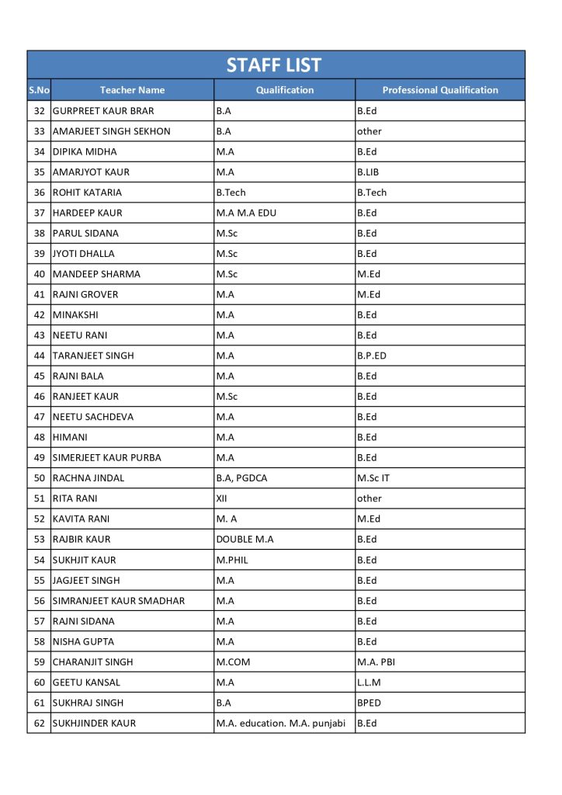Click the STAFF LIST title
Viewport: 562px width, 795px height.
[x=274, y=65]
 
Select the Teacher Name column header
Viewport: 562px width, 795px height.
[x=132, y=90]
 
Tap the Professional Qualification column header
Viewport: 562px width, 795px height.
[x=440, y=90]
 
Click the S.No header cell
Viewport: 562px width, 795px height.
[x=39, y=90]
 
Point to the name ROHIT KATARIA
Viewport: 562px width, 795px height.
[x=87, y=193]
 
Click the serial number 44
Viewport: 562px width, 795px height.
[x=40, y=356]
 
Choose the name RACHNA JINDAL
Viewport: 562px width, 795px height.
[x=88, y=478]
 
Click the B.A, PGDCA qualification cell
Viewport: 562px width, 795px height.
[x=241, y=478]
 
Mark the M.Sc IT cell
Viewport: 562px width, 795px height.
[x=373, y=478]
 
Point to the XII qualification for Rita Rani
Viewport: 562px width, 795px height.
[x=221, y=498]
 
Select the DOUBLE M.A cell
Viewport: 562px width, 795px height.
[x=245, y=540]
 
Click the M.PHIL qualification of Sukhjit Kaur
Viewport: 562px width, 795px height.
[x=232, y=560]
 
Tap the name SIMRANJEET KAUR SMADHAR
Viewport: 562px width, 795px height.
[x=119, y=601]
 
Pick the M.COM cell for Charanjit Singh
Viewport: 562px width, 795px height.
[x=233, y=662]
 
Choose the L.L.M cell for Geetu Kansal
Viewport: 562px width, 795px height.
[x=369, y=682]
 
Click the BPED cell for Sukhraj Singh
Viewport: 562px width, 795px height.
[x=369, y=703]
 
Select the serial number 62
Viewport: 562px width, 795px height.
[x=40, y=724]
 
